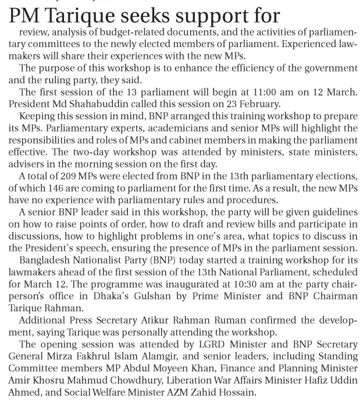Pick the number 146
tap(58, 188)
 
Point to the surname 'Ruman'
tap(220, 321)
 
